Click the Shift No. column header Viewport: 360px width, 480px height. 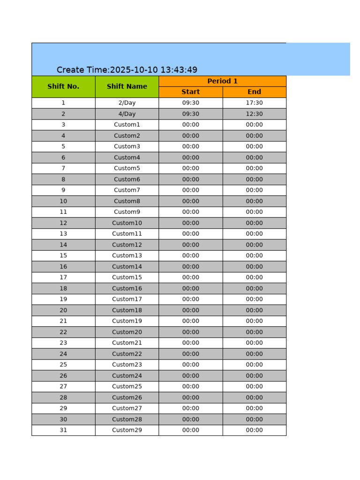(x=63, y=87)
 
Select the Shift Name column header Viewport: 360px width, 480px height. (x=127, y=87)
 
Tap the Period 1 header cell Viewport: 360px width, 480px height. (x=222, y=81)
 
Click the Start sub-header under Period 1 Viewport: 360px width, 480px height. (x=190, y=92)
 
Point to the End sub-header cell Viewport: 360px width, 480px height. (x=254, y=92)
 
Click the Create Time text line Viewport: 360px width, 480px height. (x=127, y=70)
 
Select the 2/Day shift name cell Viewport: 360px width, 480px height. (x=127, y=103)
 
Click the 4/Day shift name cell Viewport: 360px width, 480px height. (x=127, y=114)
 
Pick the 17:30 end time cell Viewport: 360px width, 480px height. (x=254, y=103)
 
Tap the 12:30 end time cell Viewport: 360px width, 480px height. (x=254, y=114)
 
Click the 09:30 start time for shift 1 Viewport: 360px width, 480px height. (x=190, y=103)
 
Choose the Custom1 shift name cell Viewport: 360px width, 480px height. (x=127, y=125)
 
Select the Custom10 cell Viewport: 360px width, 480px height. (x=127, y=223)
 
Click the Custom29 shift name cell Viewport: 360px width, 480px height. (x=127, y=430)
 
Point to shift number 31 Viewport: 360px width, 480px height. (x=63, y=430)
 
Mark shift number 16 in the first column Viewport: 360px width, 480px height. (x=63, y=267)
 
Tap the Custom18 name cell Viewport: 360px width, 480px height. (x=127, y=310)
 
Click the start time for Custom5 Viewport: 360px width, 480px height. (x=190, y=168)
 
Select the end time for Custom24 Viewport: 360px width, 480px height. (x=254, y=376)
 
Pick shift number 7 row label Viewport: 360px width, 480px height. (x=63, y=168)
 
